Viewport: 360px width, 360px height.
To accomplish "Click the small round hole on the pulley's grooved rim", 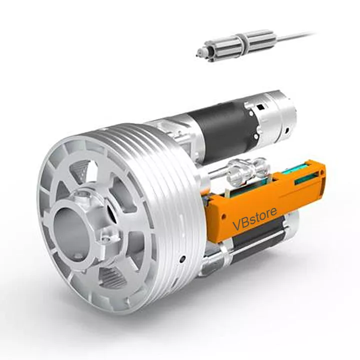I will coord(183,258).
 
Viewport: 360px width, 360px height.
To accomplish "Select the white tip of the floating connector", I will coord(200,52).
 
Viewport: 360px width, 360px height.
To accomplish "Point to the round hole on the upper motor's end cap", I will coord(288,131).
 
